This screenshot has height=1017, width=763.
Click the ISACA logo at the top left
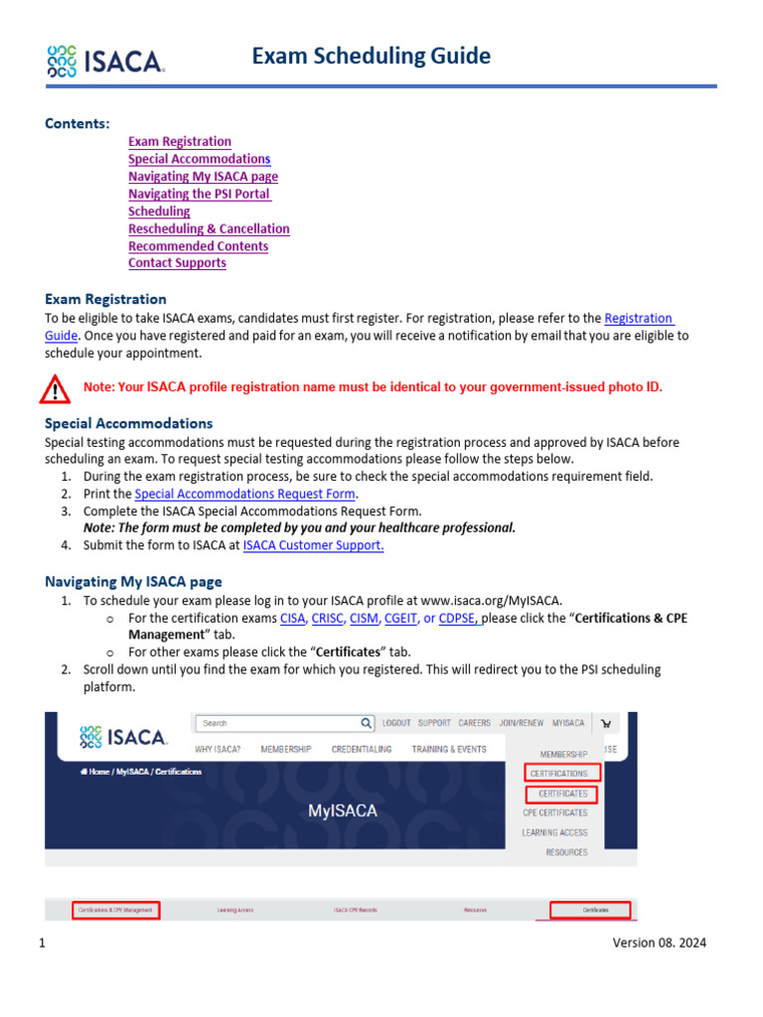tap(105, 61)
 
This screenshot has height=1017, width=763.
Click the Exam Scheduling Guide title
tap(371, 56)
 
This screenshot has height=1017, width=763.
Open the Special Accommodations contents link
tap(199, 159)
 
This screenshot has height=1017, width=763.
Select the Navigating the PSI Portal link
tap(200, 194)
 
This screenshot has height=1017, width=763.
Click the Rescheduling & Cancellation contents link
tap(209, 228)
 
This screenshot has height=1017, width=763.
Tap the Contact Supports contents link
tap(177, 263)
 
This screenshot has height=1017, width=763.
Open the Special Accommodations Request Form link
tap(245, 494)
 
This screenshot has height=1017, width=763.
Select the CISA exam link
tap(292, 618)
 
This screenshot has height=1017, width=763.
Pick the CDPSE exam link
tap(458, 618)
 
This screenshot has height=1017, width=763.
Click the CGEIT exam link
tap(400, 618)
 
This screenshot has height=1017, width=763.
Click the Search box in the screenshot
tap(278, 723)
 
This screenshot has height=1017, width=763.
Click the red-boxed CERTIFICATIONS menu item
tap(558, 773)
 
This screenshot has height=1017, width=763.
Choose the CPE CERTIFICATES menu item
tap(554, 812)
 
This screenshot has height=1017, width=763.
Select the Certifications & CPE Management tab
tap(115, 909)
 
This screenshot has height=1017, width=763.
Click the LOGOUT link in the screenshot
tap(396, 723)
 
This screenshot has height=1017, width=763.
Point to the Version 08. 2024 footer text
tap(659, 944)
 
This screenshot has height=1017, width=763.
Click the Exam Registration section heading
tap(105, 299)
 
